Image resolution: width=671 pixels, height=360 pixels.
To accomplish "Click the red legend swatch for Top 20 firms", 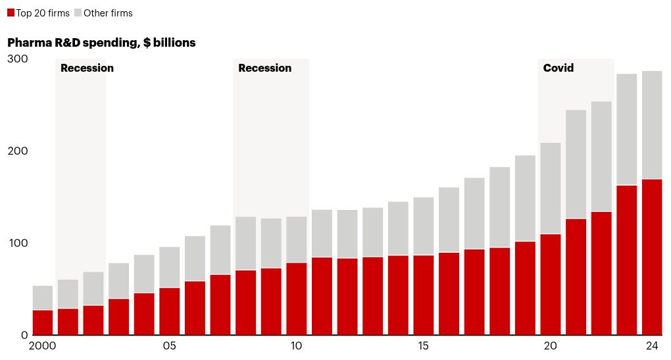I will [11, 13].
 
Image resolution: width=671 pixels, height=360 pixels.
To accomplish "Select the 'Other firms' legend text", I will [108, 13].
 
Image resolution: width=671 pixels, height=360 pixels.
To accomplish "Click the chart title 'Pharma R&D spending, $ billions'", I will [101, 43].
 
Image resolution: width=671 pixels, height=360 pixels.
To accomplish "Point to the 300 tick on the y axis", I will [18, 59].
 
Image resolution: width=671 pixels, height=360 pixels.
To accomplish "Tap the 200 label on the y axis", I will [18, 151].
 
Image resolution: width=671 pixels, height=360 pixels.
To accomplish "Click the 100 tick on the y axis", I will [18, 244].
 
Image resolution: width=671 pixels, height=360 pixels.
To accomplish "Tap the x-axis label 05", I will [170, 347].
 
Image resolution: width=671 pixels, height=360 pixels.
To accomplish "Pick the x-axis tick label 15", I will [424, 347].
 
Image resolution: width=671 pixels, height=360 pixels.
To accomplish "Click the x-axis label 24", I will [652, 347].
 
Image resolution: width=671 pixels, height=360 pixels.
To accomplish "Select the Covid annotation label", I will [558, 68].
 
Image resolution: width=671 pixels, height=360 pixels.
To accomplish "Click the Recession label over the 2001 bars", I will [87, 68].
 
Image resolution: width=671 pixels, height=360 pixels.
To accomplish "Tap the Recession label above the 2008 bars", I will [264, 68].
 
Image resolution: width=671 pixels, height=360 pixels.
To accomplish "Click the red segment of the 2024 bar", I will [652, 257].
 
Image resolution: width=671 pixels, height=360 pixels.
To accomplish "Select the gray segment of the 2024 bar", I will [652, 125].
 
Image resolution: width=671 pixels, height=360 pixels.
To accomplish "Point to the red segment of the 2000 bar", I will [43, 322].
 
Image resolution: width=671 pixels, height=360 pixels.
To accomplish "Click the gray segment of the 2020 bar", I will [551, 188].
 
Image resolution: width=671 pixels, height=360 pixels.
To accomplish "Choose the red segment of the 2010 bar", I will [297, 299].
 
